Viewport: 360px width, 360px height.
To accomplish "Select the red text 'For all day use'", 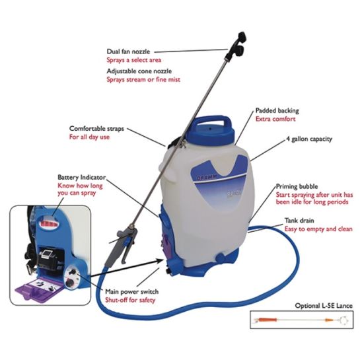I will point(92,138).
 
